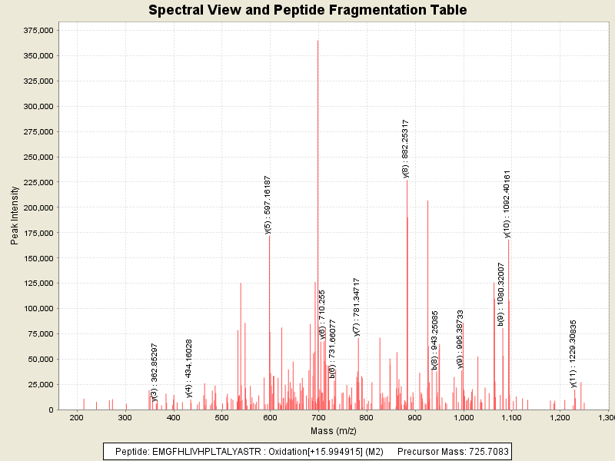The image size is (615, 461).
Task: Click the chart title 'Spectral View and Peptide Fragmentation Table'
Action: tap(307, 10)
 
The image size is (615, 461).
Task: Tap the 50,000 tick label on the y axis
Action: tap(40, 359)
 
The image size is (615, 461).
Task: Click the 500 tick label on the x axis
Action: tap(221, 417)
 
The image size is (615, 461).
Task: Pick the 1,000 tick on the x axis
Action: tap(464, 417)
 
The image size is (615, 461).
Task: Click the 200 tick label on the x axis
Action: tap(76, 417)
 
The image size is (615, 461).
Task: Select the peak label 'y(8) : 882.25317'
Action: tap(405, 148)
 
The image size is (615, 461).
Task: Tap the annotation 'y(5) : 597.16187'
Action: tap(268, 204)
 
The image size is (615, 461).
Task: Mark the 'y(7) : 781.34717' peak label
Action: tap(357, 307)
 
